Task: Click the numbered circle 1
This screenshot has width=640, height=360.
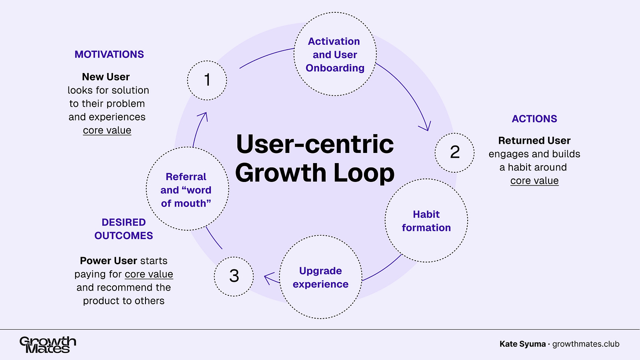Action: [207, 80]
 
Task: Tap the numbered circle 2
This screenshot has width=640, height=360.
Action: [455, 152]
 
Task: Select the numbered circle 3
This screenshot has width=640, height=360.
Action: [234, 276]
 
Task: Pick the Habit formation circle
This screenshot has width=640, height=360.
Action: [426, 221]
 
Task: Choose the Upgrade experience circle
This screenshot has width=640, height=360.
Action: [320, 277]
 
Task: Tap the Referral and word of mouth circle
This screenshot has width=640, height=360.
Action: [186, 189]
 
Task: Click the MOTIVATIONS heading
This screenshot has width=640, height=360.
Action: [109, 54]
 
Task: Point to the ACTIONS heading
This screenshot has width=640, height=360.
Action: [534, 119]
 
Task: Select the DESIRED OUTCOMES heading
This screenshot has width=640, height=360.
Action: [124, 229]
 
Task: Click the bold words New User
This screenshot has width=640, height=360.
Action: [106, 77]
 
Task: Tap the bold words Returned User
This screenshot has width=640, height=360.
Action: [534, 141]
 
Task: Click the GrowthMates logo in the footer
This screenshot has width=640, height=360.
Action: [48, 345]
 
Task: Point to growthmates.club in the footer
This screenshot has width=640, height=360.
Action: [585, 344]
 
